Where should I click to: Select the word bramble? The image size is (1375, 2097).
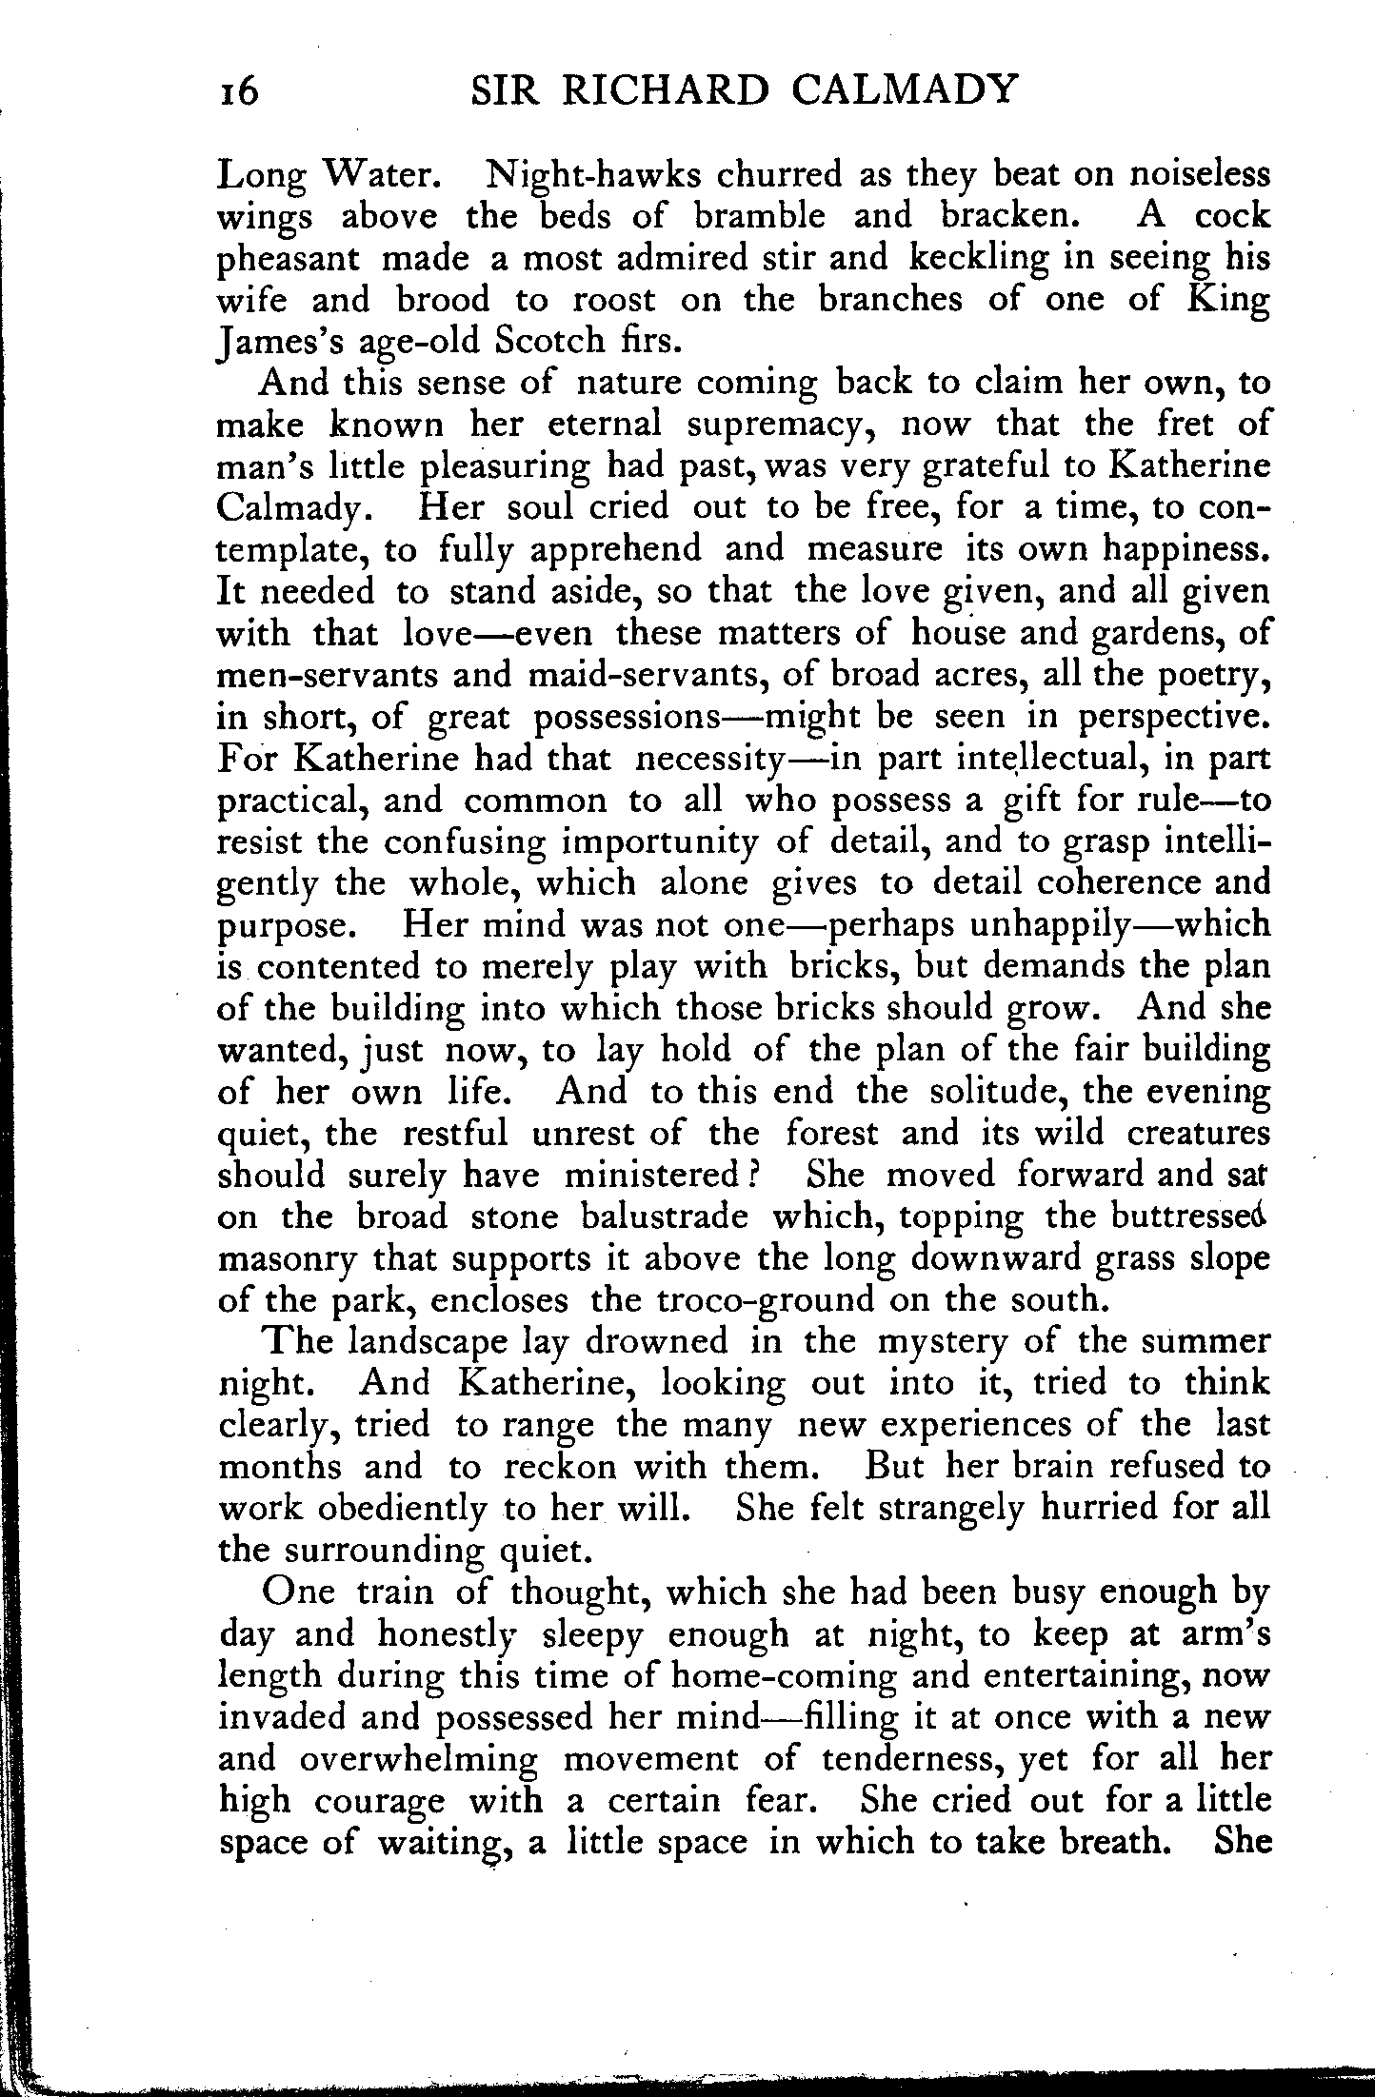click(759, 217)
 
